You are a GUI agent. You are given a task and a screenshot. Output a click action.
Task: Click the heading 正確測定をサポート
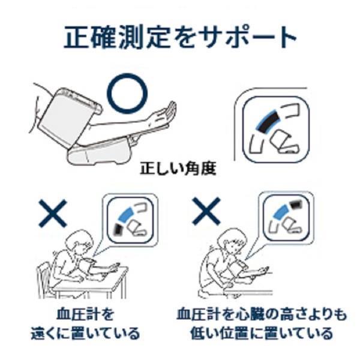pos(180,37)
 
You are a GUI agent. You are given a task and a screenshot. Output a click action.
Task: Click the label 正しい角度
pos(178,169)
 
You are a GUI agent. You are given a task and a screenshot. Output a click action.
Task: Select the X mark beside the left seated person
pos(53,213)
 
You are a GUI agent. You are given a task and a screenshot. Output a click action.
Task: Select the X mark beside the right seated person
pos(206,211)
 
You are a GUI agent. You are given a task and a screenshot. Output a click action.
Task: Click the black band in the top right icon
pos(268,123)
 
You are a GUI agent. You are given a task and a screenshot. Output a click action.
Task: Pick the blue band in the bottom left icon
pos(127,215)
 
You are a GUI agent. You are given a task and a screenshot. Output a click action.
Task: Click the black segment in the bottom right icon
pos(295,205)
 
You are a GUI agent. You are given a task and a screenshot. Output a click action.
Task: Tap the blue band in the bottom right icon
pos(281,212)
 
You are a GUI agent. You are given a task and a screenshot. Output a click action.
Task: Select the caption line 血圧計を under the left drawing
pos(85,314)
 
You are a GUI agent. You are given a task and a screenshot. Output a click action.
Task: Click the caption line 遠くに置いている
pos(85,333)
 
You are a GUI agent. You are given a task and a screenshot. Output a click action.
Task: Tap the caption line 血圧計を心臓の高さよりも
pos(262,314)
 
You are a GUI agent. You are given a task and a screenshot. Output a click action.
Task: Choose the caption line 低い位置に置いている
pos(262,333)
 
